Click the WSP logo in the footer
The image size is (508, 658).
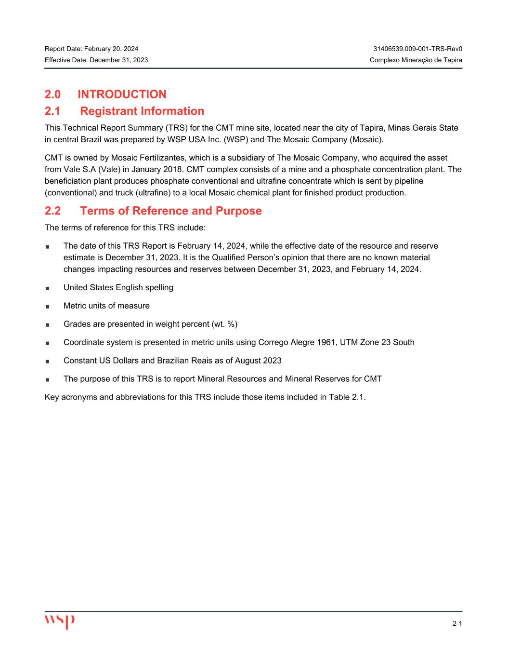(60, 621)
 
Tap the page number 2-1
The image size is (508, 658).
(457, 624)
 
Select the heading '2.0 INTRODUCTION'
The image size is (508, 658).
(105, 94)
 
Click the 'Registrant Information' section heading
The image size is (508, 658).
(142, 111)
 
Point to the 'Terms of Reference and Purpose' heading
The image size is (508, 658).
(171, 211)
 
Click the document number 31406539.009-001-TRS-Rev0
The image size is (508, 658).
(417, 49)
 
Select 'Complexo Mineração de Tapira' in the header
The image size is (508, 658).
(416, 60)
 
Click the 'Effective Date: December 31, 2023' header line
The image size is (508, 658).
(96, 60)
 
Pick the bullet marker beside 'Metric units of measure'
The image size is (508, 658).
(48, 306)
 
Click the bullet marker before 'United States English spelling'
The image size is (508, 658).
(48, 288)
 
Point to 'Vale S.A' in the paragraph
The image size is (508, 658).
(79, 170)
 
